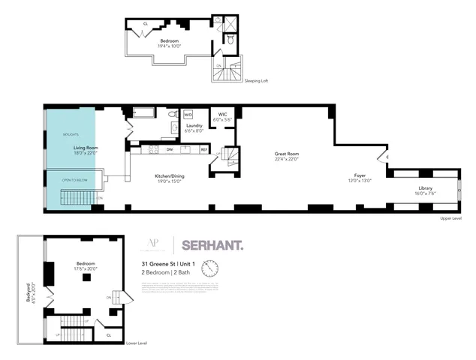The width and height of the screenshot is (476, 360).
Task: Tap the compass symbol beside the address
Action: tap(210, 267)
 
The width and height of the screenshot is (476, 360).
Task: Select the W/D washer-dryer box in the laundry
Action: tap(188, 115)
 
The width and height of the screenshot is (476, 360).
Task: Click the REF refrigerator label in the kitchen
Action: tap(203, 149)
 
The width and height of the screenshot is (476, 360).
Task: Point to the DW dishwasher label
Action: tap(170, 149)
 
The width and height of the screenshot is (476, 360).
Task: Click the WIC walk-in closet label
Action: tap(223, 114)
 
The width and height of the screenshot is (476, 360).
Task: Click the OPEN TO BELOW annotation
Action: tap(71, 181)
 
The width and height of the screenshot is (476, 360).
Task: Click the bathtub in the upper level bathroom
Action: tap(143, 113)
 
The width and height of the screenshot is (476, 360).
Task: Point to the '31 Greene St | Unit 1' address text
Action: tap(166, 263)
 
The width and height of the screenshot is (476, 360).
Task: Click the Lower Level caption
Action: tap(137, 343)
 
